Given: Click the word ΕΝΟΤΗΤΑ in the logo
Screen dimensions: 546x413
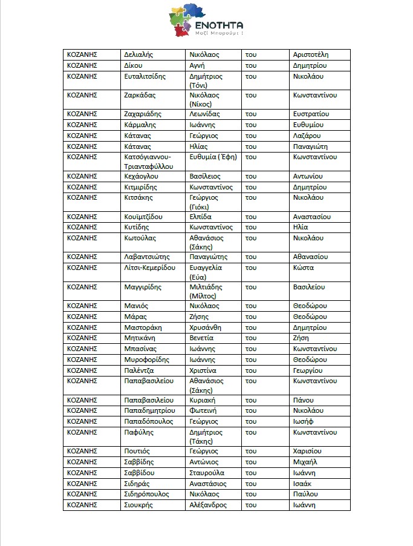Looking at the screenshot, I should [218, 25].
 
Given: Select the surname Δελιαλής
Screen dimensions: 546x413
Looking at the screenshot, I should [138, 55].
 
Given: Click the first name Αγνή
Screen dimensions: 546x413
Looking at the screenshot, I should [198, 66].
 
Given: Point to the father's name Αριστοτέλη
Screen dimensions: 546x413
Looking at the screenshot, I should [310, 55].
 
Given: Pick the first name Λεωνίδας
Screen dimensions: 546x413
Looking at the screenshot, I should [204, 114].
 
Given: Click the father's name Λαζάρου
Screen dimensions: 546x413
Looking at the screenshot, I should [307, 136].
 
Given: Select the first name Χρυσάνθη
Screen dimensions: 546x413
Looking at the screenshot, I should [206, 327].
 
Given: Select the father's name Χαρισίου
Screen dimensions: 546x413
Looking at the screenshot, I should [307, 452].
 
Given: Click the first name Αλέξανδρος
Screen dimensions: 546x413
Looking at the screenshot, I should [208, 505].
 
